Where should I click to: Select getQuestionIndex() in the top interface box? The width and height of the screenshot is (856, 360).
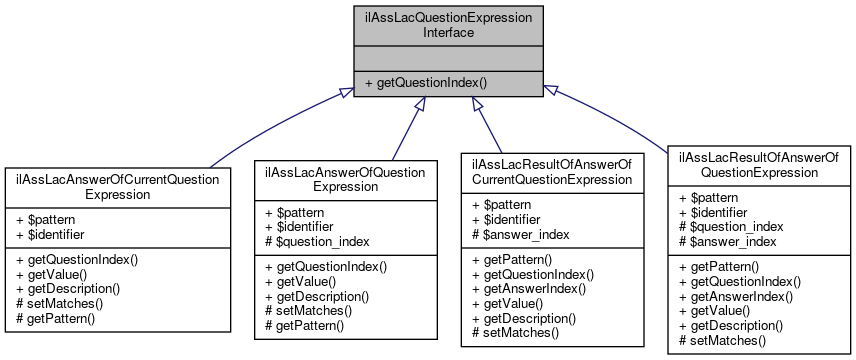[x=426, y=82]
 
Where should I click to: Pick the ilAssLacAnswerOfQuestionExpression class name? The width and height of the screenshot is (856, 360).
[x=345, y=178]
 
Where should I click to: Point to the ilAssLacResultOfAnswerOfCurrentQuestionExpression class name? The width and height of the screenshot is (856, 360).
[x=552, y=171]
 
